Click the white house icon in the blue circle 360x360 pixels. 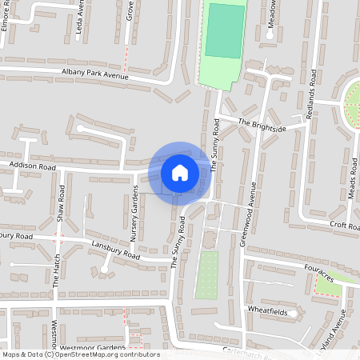point(180,173)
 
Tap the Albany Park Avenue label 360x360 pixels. point(94,75)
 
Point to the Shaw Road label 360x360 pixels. point(61,205)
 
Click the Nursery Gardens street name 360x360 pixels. point(134,215)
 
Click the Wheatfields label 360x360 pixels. point(267,309)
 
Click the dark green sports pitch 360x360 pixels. point(225,30)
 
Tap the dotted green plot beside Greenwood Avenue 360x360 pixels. point(206,274)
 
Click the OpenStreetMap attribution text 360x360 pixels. point(81,354)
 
